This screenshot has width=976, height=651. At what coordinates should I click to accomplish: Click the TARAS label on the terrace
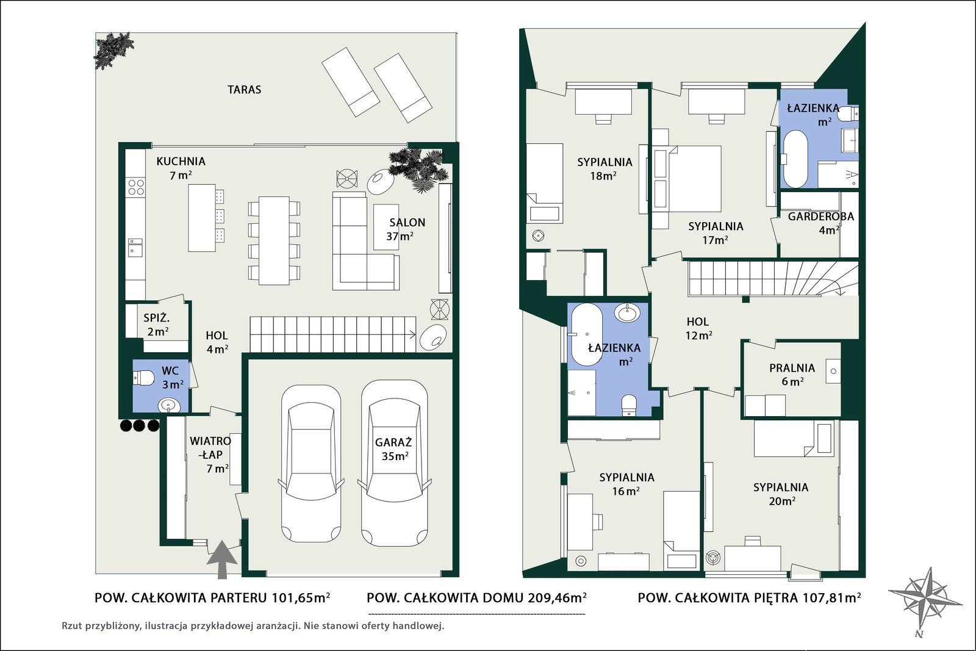(x=244, y=90)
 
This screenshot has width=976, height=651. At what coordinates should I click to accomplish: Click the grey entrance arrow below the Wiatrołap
(x=222, y=560)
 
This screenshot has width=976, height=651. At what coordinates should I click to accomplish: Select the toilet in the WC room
(x=143, y=377)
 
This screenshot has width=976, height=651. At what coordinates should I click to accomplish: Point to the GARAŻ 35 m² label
(x=393, y=449)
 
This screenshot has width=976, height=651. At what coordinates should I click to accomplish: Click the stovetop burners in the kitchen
(x=136, y=187)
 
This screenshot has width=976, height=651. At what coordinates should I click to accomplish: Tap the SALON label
(x=407, y=223)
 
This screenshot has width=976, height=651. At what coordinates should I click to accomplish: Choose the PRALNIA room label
(x=792, y=368)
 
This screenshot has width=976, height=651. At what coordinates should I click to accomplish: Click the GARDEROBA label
(x=821, y=217)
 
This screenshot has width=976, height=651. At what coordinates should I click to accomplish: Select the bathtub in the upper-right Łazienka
(x=795, y=159)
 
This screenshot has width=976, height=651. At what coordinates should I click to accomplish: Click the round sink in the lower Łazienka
(x=628, y=312)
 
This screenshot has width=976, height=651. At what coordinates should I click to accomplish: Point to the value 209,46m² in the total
(x=557, y=598)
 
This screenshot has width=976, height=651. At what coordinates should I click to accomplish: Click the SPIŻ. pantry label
(x=156, y=318)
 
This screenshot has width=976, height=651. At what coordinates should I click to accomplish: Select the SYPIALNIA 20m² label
(x=781, y=494)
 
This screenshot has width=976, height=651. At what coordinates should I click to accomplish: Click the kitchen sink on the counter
(x=135, y=248)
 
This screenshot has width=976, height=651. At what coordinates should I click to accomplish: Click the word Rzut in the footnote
(x=73, y=626)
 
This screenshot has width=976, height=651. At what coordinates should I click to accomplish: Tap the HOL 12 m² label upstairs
(x=698, y=328)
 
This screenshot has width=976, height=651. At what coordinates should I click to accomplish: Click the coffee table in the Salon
(x=386, y=227)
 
